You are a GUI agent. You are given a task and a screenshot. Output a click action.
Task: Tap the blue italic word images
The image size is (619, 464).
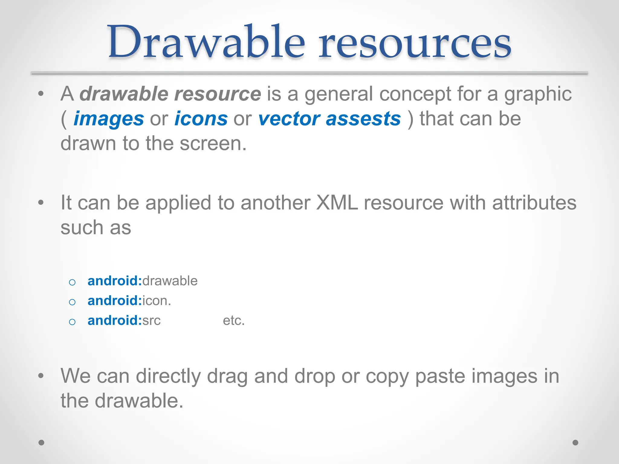click(x=109, y=119)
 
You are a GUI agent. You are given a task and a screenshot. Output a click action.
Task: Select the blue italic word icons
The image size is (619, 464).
click(x=201, y=119)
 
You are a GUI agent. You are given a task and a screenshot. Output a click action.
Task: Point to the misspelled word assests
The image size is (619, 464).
click(x=363, y=119)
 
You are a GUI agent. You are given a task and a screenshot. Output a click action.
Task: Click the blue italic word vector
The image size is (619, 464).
click(x=289, y=119)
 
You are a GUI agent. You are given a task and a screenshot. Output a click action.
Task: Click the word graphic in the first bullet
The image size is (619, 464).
click(x=538, y=94)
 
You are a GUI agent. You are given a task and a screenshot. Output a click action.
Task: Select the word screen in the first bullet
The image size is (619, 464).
click(x=213, y=143)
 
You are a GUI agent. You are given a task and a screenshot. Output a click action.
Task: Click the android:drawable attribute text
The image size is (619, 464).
click(x=142, y=281)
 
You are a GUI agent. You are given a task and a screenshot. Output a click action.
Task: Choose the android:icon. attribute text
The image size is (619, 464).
click(x=129, y=301)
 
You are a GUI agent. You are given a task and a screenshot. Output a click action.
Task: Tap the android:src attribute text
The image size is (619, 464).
click(x=124, y=321)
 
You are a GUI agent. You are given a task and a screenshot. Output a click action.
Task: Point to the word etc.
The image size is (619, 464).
click(x=234, y=321)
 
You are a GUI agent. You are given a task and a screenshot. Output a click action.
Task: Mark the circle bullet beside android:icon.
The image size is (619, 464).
click(x=72, y=302)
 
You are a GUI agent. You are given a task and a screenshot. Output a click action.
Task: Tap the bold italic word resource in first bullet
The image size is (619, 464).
click(x=218, y=94)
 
